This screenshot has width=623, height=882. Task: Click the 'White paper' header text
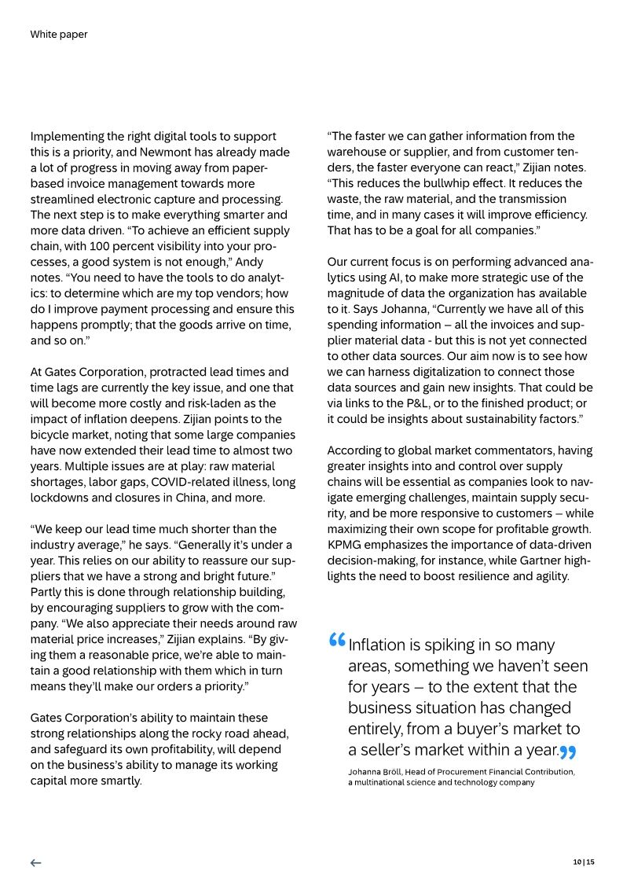(59, 35)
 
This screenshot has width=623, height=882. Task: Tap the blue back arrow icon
(35, 862)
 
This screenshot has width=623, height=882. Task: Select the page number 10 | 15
(584, 862)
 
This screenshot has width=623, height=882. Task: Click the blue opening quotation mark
(337, 640)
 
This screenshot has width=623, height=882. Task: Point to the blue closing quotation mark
(568, 752)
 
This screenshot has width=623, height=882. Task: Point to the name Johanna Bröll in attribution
(376, 772)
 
